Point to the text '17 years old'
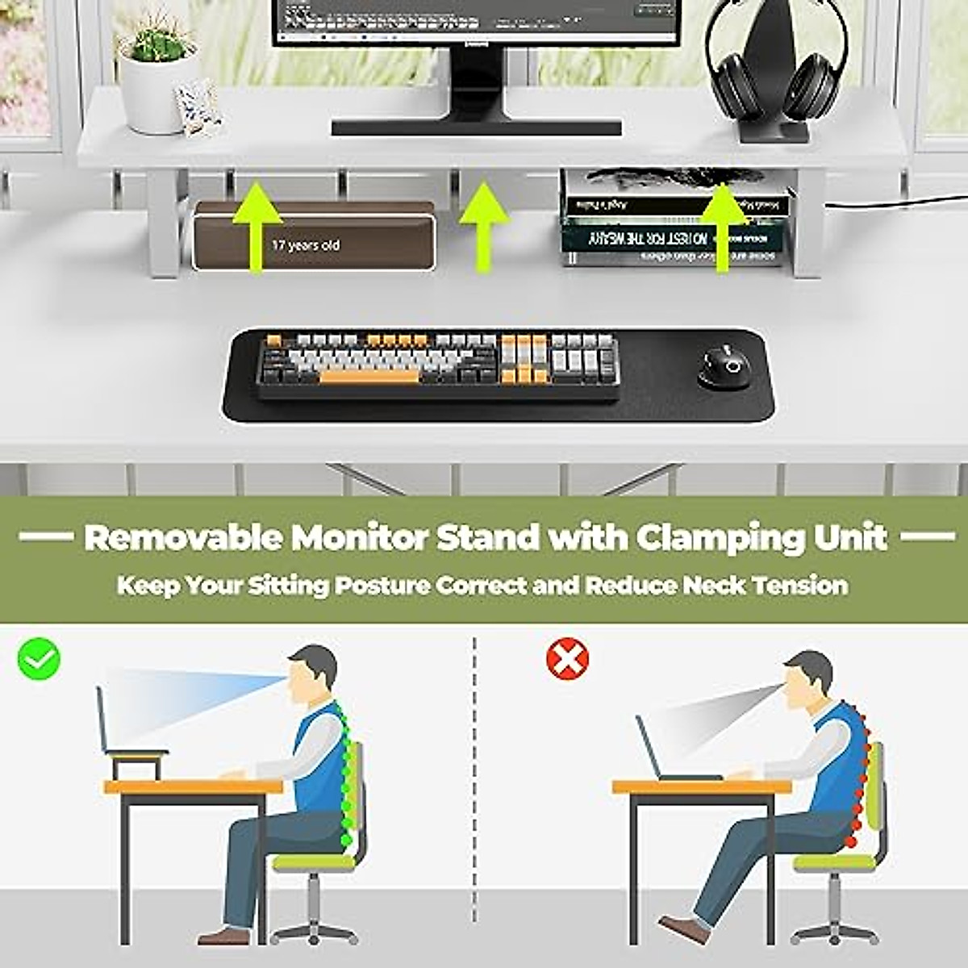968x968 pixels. pyautogui.click(x=306, y=244)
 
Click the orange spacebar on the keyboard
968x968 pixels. pyautogui.click(x=369, y=377)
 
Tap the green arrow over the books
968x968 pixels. pyautogui.click(x=721, y=226)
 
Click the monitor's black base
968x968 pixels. pyautogui.click(x=476, y=127)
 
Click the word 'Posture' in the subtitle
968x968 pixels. pyautogui.click(x=382, y=585)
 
